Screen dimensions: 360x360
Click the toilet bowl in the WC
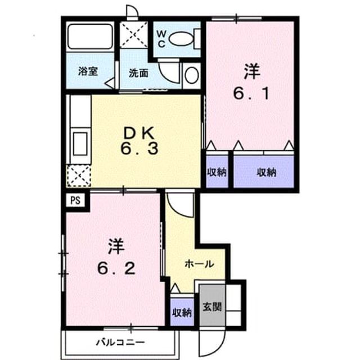click(x=181, y=39)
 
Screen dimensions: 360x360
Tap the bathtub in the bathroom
click(x=90, y=36)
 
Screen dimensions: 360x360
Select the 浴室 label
click(x=88, y=71)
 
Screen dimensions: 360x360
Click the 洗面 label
click(x=138, y=73)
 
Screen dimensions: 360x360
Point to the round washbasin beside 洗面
click(x=192, y=75)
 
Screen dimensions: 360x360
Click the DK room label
click(x=139, y=133)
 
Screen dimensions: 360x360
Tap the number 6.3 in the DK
click(x=139, y=148)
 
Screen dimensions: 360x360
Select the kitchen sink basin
click(x=80, y=144)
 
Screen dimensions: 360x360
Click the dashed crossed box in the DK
click(x=79, y=175)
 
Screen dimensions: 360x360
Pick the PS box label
click(x=75, y=200)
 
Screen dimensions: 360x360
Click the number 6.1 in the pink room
click(x=251, y=93)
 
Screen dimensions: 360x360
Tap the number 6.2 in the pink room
click(x=116, y=268)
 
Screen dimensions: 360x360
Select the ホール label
click(x=199, y=264)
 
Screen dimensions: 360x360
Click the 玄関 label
click(x=212, y=307)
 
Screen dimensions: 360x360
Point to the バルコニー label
click(x=120, y=343)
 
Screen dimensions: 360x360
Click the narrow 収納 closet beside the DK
click(x=217, y=172)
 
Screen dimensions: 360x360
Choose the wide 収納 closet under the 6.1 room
click(x=264, y=172)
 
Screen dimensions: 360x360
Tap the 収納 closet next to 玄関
click(x=182, y=312)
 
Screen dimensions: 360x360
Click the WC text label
click(x=161, y=39)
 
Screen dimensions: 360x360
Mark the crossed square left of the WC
click(x=134, y=35)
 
